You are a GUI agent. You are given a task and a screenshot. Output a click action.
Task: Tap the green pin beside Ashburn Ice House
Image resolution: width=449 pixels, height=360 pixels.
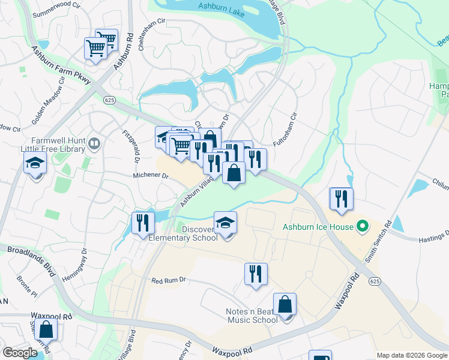361,227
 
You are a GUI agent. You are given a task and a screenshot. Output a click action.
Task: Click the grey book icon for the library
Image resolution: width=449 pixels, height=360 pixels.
94,144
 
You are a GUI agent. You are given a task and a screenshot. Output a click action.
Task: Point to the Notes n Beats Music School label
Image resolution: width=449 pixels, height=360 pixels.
252,316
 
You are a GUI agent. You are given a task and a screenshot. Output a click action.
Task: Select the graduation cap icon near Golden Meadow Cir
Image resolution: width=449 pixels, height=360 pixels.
35,163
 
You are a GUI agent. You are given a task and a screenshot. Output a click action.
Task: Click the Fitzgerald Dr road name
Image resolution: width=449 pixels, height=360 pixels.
131,146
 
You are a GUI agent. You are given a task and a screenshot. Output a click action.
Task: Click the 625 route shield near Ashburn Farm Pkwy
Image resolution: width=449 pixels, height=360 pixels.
109,99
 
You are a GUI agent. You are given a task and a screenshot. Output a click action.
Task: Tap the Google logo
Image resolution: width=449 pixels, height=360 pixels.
20,352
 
